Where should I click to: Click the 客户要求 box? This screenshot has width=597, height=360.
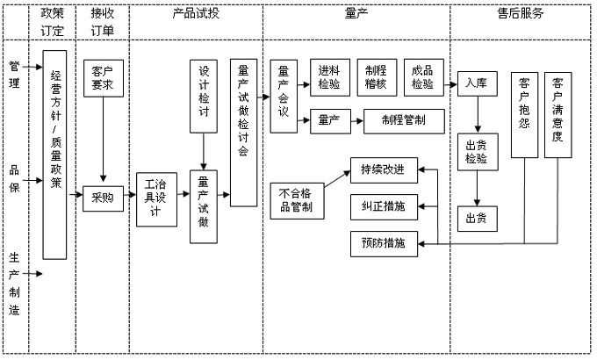104,78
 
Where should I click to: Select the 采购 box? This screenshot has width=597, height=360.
103,198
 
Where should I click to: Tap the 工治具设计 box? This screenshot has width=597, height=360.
157,199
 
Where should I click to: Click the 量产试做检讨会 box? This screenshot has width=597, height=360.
244,133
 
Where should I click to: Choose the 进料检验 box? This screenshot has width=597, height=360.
330,78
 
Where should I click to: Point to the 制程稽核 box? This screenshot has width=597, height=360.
377,78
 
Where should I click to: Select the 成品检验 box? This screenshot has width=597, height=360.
424,78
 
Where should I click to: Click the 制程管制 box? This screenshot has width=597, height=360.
404,120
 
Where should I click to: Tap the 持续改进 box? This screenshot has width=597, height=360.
383,169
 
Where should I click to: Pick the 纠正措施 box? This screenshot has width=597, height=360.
383,206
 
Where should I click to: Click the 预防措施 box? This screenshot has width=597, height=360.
383,243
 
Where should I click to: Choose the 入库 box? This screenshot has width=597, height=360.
477,84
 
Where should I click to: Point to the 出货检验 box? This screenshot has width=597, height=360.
477,153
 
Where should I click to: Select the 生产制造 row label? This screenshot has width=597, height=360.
14,284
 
